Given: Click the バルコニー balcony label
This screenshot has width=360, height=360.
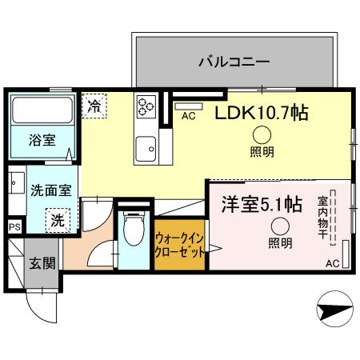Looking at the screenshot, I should tap(234, 61).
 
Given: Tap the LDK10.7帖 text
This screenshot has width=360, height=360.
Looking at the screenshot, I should tap(261, 113).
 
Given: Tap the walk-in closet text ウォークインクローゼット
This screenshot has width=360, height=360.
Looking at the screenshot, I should tap(179, 243).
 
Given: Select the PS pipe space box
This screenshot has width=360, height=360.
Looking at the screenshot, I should tap(14, 227).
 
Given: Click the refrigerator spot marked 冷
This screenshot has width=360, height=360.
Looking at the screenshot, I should tap(94, 105).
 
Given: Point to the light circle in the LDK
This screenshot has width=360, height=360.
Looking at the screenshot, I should tap(262, 135).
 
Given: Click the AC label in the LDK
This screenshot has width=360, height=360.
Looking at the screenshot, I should tap(189, 116).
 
